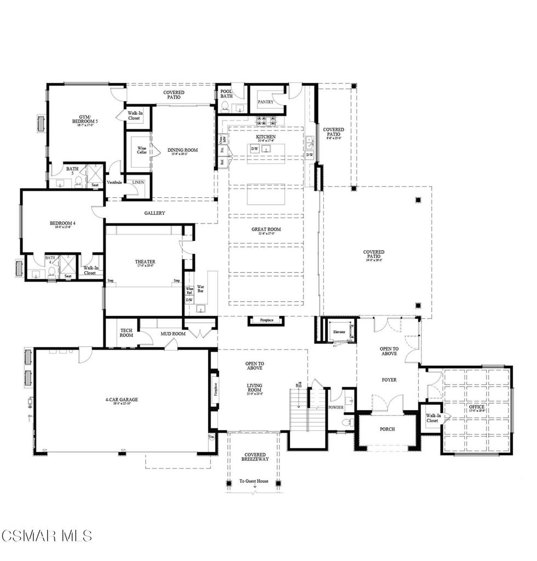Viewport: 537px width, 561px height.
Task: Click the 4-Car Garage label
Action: click(122, 400)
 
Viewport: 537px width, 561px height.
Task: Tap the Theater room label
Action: click(145, 262)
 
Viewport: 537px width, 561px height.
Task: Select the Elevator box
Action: click(339, 333)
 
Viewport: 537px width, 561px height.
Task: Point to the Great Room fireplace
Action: click(266, 320)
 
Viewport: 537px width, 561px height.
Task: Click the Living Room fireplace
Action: click(215, 390)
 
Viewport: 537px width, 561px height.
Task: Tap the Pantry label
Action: click(266, 102)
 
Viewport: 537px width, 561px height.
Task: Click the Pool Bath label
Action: click(226, 94)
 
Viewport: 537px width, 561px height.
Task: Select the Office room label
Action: click(477, 408)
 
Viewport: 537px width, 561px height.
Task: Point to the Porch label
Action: click(387, 429)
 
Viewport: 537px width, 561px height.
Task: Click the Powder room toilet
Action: click(346, 422)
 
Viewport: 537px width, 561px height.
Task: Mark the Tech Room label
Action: click(126, 333)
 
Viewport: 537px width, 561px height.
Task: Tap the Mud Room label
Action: click(173, 334)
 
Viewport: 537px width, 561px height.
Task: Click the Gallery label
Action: click(155, 213)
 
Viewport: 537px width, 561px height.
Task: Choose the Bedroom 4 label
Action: click(61, 223)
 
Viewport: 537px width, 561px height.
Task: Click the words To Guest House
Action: click(254, 481)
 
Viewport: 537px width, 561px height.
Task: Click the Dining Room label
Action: click(182, 150)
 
